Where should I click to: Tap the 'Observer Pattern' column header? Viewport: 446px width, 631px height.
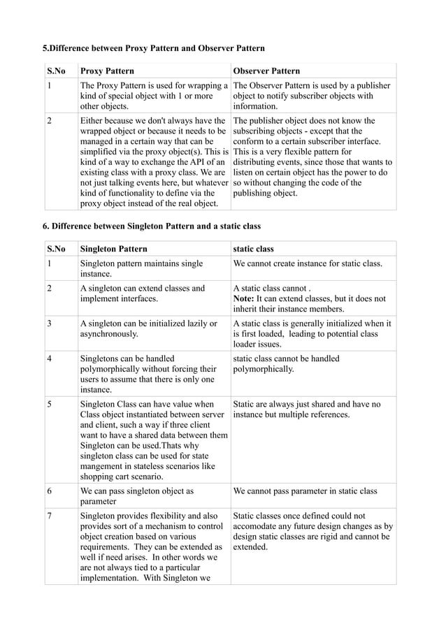point(266,71)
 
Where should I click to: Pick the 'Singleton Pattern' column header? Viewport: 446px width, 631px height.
point(114,249)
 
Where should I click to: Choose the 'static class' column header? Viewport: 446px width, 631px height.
point(254,249)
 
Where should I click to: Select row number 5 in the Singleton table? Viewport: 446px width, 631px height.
point(50,404)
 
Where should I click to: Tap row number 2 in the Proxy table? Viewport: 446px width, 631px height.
point(50,120)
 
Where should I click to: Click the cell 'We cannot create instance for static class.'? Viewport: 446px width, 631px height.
point(308,264)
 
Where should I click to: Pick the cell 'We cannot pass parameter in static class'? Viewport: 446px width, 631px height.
point(305,491)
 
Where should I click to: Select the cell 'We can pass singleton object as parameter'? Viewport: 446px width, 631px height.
point(137,496)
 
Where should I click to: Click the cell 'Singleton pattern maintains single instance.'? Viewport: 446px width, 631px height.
point(142,269)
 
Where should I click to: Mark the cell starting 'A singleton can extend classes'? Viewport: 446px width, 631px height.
point(143,293)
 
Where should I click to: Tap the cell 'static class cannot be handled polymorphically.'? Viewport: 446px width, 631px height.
point(287,363)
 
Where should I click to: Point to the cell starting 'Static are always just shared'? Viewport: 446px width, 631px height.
point(307,409)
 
